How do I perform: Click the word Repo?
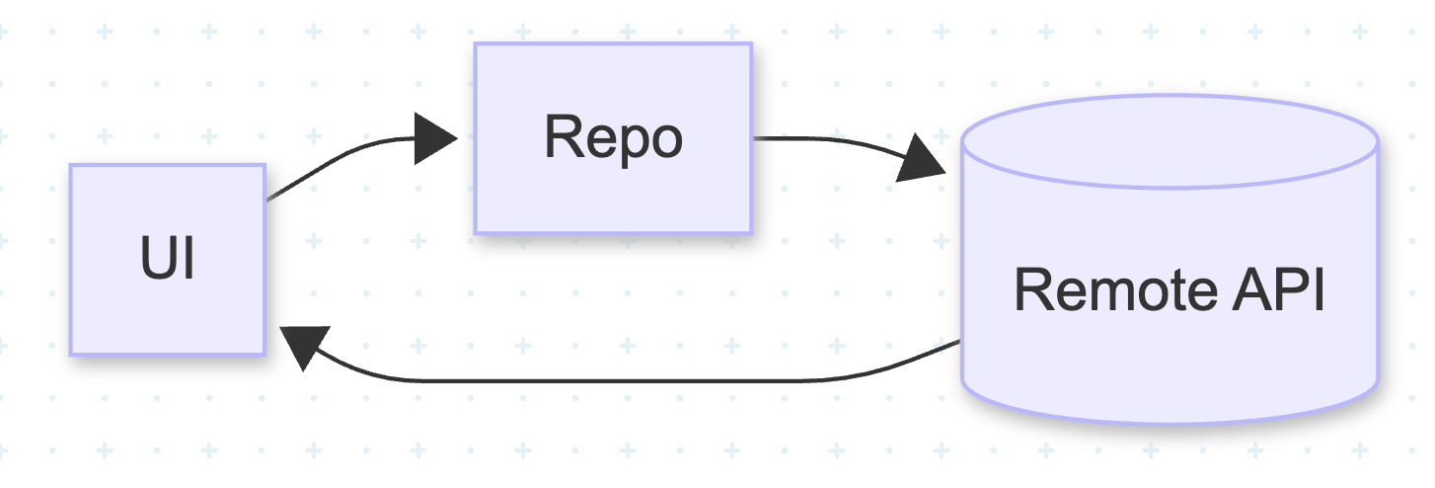pos(612,138)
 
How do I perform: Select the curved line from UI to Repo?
pos(336,158)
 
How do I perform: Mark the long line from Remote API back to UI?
pos(632,379)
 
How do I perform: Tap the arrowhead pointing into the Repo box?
pos(434,138)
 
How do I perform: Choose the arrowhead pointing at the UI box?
pos(301,348)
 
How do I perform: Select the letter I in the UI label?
pos(188,260)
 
